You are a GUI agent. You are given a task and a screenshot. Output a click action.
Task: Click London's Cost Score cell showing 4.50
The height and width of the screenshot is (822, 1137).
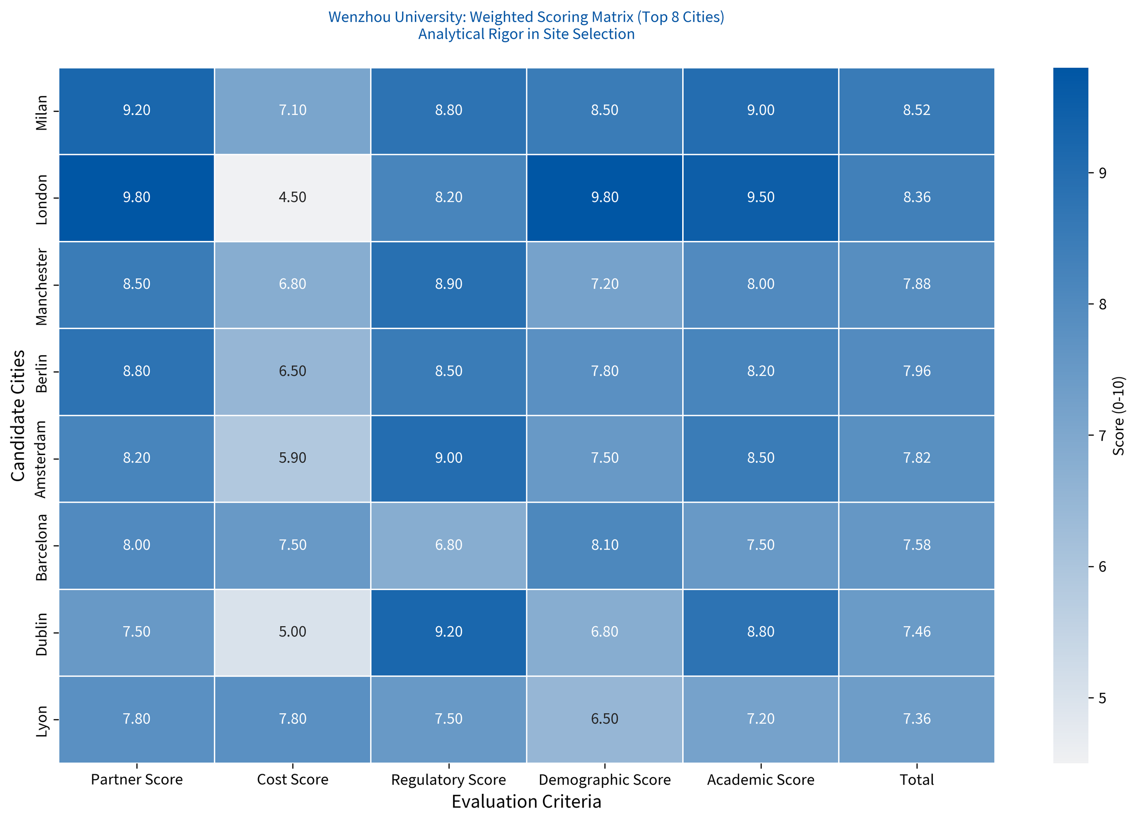coord(292,197)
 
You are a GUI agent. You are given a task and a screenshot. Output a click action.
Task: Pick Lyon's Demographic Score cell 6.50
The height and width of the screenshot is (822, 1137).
coord(604,719)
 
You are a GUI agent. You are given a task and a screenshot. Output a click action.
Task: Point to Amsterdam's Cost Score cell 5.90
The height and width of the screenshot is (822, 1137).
coord(292,458)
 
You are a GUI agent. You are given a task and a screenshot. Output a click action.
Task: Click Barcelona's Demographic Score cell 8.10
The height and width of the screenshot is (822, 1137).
coord(604,545)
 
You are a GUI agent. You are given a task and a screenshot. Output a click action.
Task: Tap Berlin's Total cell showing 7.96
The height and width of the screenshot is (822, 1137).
coord(916,371)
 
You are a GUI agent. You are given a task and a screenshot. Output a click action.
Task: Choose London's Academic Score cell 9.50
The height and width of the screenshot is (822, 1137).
coord(760,197)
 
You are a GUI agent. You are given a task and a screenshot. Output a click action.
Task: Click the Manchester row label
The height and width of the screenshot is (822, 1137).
coord(41,287)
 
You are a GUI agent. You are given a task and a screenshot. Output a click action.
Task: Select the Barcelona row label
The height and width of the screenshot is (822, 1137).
coord(41,547)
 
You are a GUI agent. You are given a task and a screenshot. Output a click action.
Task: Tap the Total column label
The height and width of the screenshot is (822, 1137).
coord(916,780)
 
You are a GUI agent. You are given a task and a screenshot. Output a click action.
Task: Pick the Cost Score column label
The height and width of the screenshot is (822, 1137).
coord(292,780)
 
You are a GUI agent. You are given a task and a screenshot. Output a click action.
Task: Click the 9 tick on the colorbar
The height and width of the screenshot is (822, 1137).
coord(1102,173)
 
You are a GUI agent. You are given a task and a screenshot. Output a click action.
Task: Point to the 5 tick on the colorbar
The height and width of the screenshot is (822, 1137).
coord(1102,698)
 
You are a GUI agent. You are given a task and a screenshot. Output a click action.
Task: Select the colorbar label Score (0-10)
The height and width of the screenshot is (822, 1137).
coord(1119,416)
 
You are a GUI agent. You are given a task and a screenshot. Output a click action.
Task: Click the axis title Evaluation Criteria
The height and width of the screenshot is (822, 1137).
coord(526,802)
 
